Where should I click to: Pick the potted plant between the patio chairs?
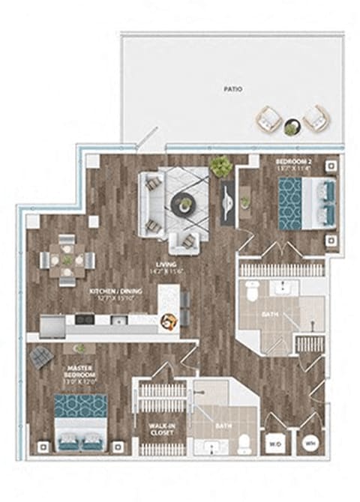291,129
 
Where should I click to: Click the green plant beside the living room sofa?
220,166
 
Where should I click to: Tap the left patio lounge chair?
268,118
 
